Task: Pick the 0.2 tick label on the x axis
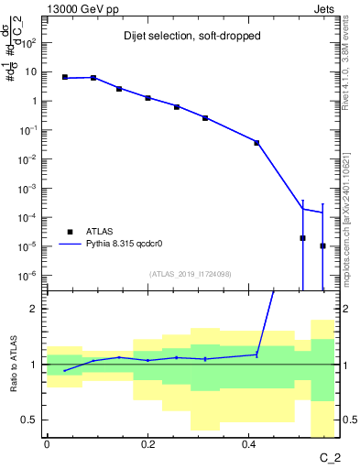pos(147,444)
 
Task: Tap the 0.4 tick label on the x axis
pos(248,444)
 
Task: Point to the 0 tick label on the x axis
pos(47,444)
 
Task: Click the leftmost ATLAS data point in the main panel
pos(64,77)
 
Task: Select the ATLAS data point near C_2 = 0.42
pos(257,143)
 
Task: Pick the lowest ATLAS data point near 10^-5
pos(322,245)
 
